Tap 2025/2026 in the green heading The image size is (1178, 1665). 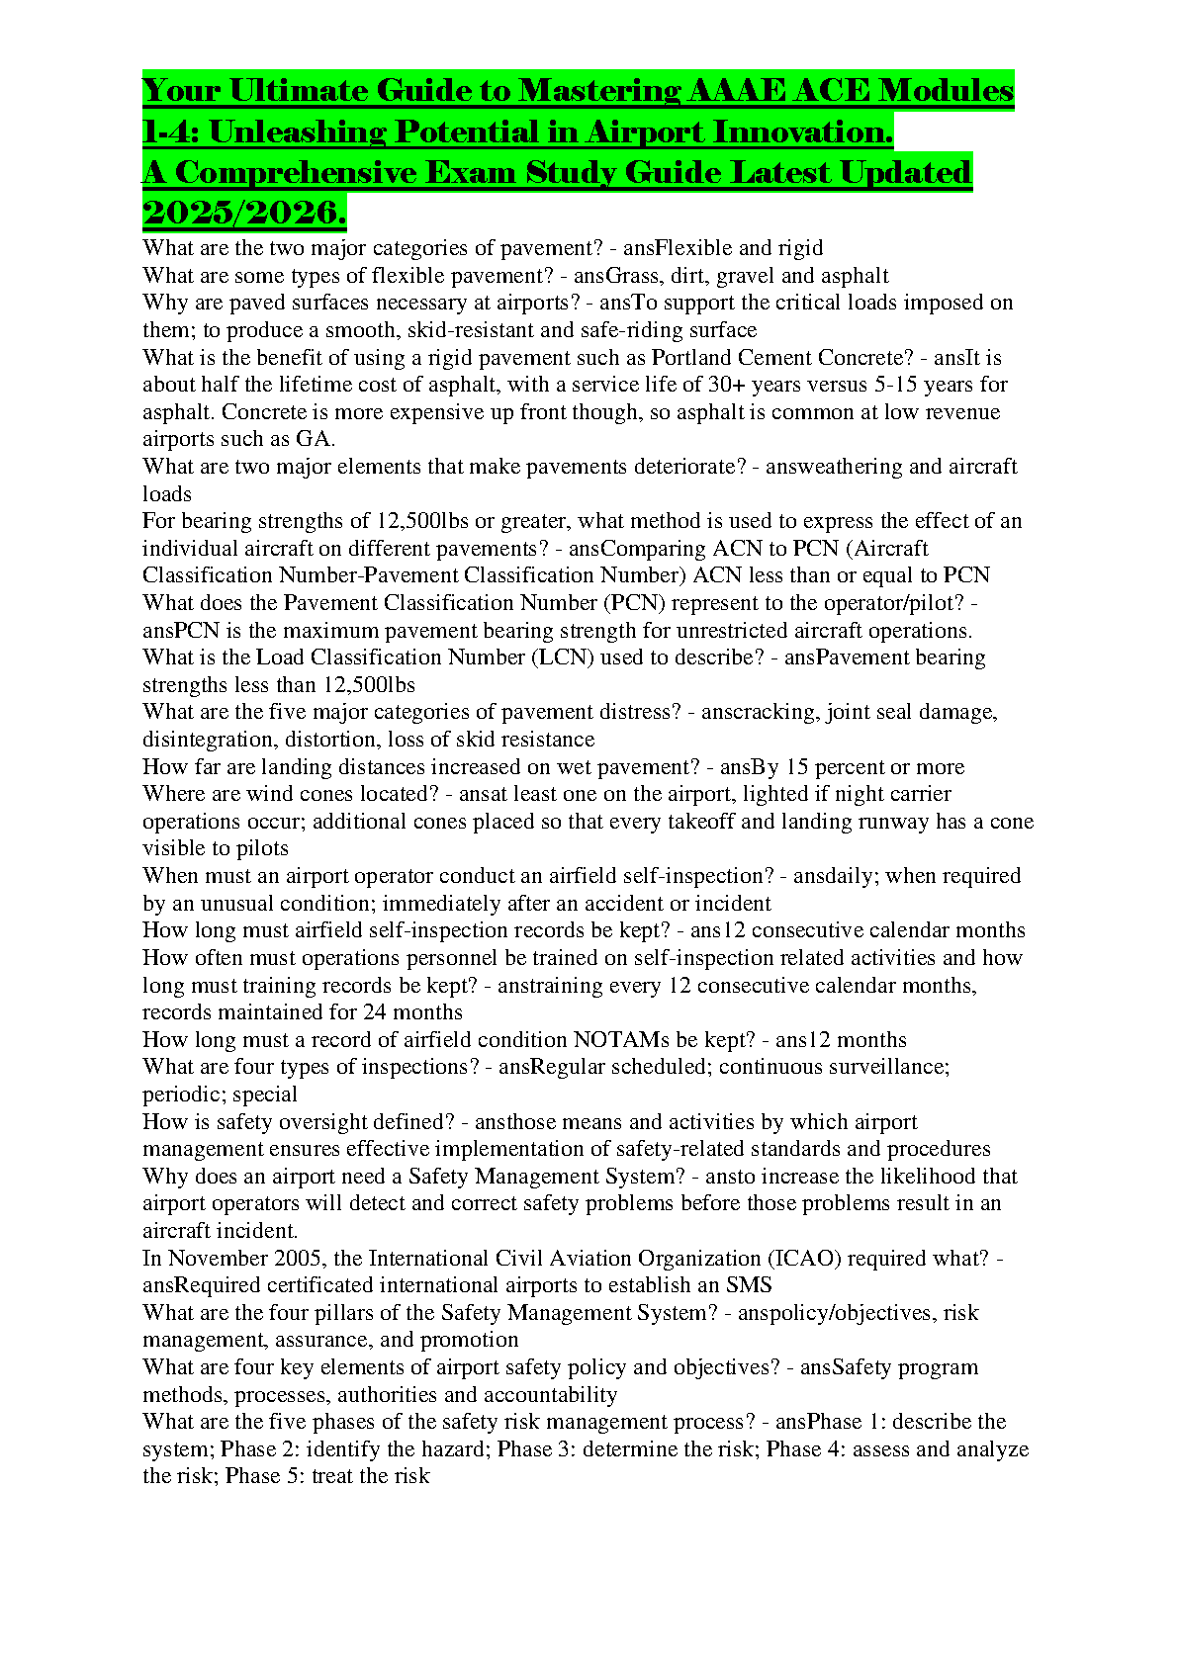[243, 213]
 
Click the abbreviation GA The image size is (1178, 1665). [316, 439]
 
